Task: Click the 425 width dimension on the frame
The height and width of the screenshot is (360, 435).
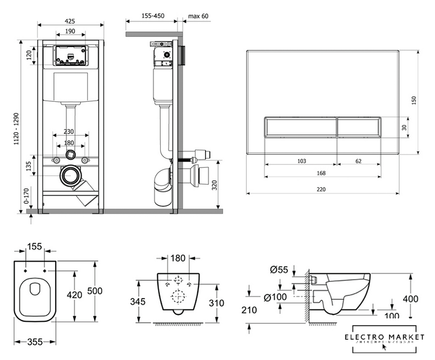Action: point(70,21)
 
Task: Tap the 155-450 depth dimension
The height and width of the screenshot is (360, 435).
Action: point(152,16)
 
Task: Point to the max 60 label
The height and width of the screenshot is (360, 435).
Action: point(198,16)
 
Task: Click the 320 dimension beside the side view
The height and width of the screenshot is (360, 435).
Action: point(214,186)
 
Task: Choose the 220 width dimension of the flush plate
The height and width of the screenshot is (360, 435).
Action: point(321,190)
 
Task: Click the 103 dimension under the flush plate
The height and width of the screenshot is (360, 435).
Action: point(301,161)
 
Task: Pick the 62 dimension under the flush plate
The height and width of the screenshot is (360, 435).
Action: point(359,161)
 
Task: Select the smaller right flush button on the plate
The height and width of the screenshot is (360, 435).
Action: point(359,127)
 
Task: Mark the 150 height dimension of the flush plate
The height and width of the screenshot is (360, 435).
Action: point(414,100)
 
